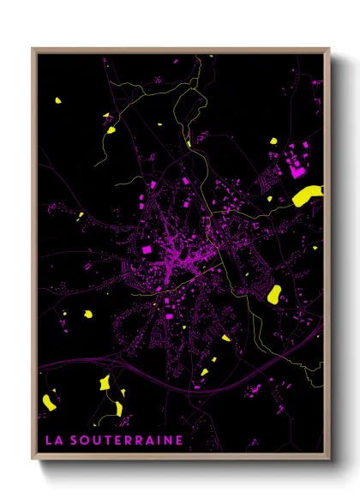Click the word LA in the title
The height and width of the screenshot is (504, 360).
(x=51, y=440)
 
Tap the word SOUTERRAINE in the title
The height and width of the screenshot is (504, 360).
(x=125, y=440)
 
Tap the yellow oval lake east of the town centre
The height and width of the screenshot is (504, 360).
(x=274, y=295)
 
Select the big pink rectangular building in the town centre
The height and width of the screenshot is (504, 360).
(x=146, y=249)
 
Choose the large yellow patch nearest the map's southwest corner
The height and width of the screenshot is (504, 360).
(x=49, y=399)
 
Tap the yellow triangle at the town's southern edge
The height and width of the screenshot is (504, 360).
(x=226, y=338)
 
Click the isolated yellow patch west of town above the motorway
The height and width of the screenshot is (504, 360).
(x=87, y=315)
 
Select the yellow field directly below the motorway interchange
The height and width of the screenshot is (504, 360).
(x=105, y=382)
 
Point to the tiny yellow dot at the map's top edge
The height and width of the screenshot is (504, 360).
(x=211, y=57)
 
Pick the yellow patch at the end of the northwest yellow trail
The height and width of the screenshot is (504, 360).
(x=111, y=131)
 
